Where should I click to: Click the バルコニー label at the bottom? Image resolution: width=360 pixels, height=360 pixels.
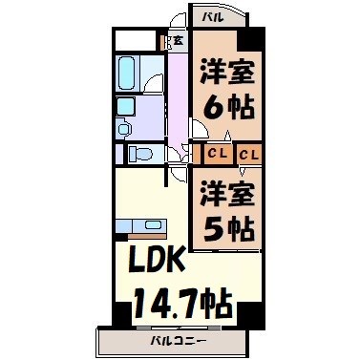tap(179, 340)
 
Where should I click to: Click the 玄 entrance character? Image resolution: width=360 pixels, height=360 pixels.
tap(178, 40)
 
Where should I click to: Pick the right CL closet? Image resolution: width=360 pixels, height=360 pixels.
tap(249, 153)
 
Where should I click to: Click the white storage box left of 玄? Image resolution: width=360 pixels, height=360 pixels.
tap(139, 41)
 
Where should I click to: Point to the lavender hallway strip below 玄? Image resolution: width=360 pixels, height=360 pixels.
tap(179, 95)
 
